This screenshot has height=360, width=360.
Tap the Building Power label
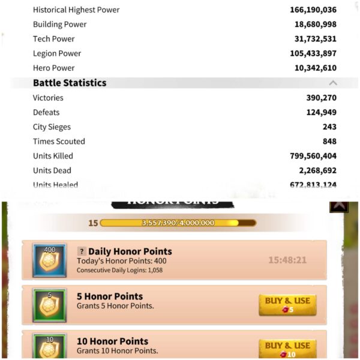click(x=59, y=24)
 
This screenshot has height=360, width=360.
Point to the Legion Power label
click(x=57, y=53)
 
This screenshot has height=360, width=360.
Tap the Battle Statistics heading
click(x=70, y=83)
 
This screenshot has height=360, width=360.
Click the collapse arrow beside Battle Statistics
click(x=333, y=83)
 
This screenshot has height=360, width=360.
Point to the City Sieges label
click(x=52, y=127)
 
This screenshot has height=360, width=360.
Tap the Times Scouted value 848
click(x=329, y=142)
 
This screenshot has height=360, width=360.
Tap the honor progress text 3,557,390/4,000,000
click(x=178, y=223)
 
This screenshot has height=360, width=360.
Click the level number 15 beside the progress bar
click(x=93, y=223)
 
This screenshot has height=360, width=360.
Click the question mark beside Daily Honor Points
click(x=82, y=251)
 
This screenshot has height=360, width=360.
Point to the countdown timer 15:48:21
click(x=287, y=260)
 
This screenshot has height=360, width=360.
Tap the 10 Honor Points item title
click(x=113, y=341)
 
